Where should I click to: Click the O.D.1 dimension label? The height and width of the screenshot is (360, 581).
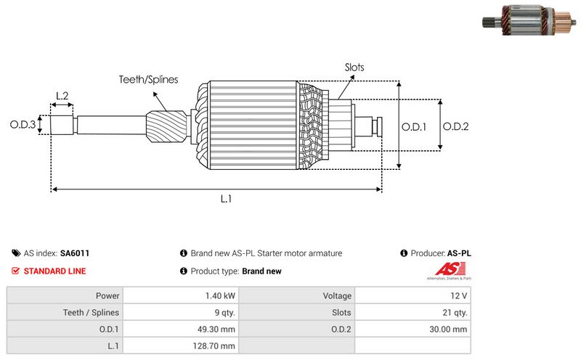pos(414,126)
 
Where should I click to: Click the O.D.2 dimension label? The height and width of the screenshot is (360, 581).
pos(456,126)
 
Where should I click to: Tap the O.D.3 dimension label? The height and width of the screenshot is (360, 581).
pos(23,125)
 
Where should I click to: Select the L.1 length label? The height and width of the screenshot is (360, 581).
pos(226,197)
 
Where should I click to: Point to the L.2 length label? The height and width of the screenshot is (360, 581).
pos(62,96)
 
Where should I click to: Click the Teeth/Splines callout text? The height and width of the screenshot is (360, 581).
pos(148,80)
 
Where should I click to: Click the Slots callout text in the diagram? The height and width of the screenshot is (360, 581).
pos(354,67)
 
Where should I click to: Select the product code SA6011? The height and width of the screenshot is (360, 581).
pos(75,253)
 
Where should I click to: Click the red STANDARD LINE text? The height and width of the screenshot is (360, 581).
pos(54,271)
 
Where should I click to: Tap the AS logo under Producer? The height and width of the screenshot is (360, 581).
pos(448,272)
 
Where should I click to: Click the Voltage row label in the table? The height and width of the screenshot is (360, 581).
pos(337,296)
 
